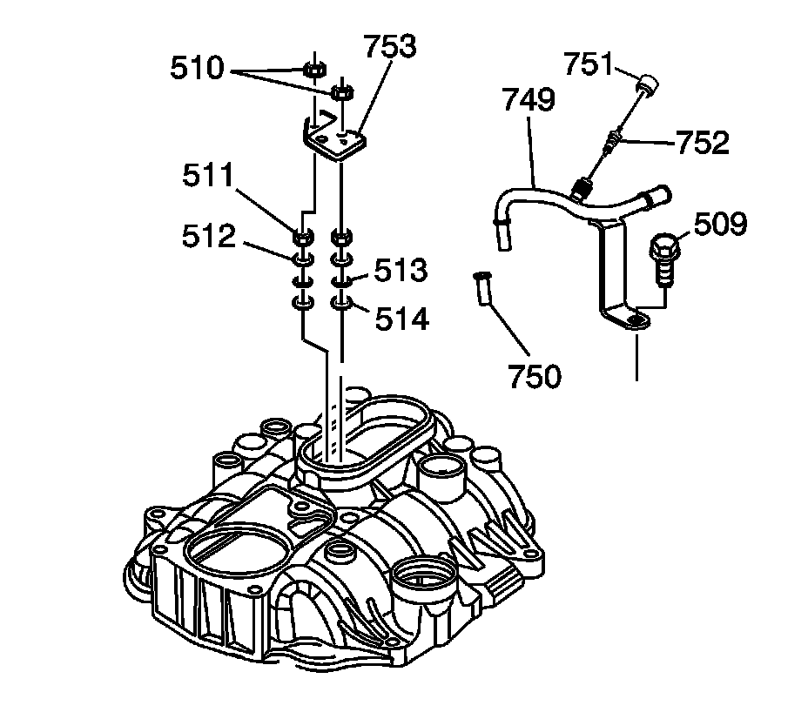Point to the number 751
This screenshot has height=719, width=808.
coord(589,64)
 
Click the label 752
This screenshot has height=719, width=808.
coord(703,143)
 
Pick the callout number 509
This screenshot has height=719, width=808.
coord(720,225)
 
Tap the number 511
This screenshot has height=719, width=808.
coord(209,177)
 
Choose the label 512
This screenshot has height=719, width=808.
coord(209,236)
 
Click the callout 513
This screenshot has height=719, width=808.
coord(401,271)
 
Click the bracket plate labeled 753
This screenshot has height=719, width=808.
coord(334,139)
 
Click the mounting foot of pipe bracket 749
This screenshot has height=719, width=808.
coord(629,319)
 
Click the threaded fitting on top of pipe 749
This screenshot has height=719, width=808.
coord(582,185)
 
